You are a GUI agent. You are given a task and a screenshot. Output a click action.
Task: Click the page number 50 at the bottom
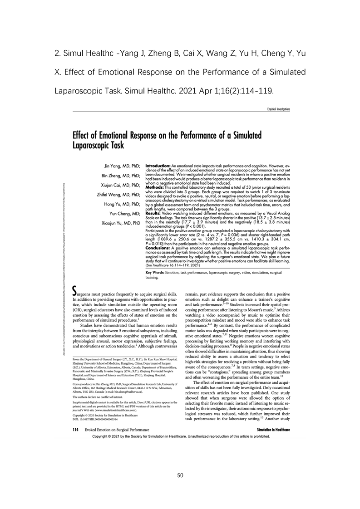point(180,475)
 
